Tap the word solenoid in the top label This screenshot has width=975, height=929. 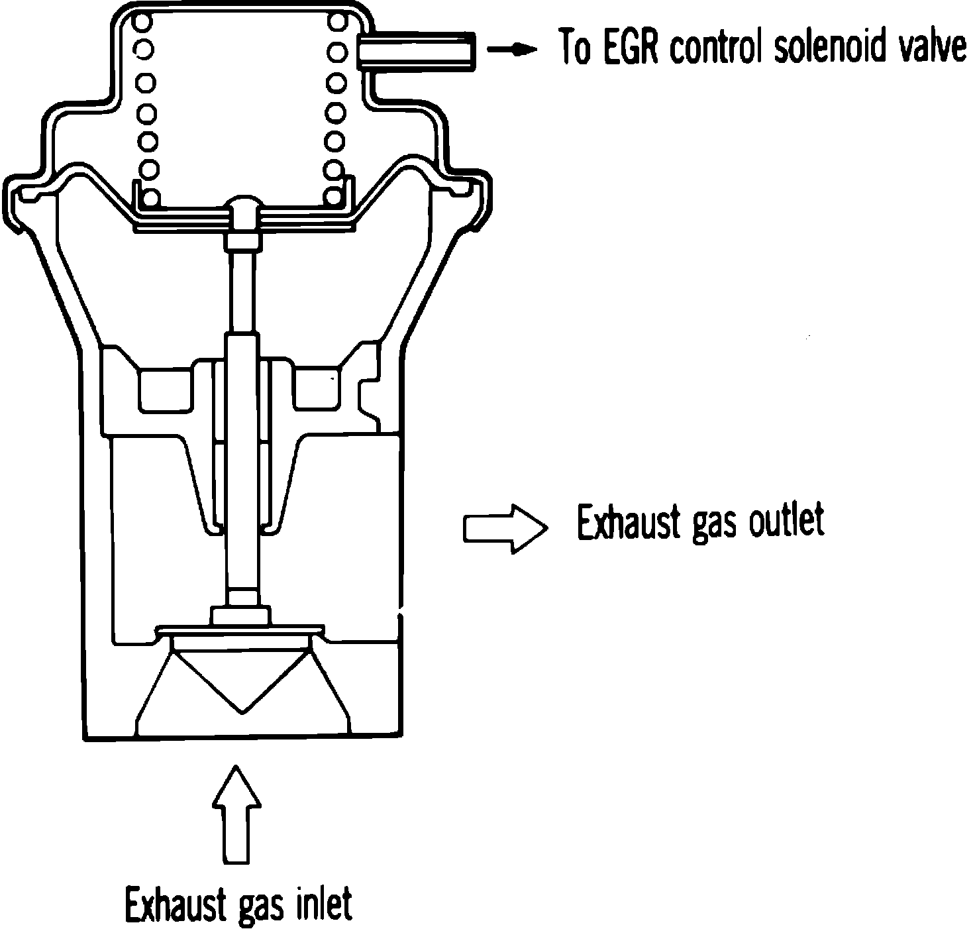pos(839,47)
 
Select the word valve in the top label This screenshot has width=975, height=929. pos(935,47)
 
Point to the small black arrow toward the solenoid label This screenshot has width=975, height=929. pos(511,49)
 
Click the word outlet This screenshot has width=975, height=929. pos(787,521)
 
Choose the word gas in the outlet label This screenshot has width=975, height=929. pos(713,526)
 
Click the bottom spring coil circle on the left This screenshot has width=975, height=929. pos(150,197)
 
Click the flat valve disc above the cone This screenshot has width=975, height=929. pos(241,628)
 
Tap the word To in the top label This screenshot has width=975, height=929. pos(575,47)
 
